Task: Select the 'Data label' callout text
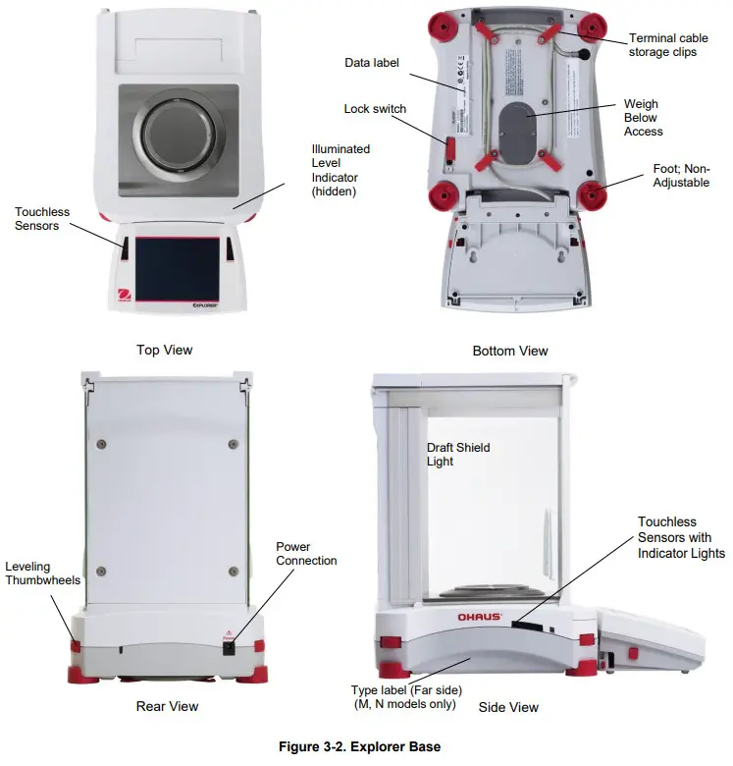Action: pyautogui.click(x=372, y=63)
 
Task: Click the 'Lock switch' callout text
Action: pyautogui.click(x=375, y=109)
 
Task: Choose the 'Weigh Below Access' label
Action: pyautogui.click(x=643, y=118)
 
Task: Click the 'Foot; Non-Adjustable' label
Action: pyautogui.click(x=681, y=176)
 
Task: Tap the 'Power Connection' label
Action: pyautogui.click(x=306, y=554)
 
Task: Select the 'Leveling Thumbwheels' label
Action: pyautogui.click(x=43, y=574)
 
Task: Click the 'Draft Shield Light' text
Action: pyautogui.click(x=457, y=455)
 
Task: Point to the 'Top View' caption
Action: pyautogui.click(x=164, y=350)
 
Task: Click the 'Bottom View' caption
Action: pyautogui.click(x=510, y=351)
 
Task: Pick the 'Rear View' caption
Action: pyautogui.click(x=167, y=706)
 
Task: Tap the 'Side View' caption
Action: pyautogui.click(x=508, y=707)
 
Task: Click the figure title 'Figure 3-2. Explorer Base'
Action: pyautogui.click(x=359, y=747)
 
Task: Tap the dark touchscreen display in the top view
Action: pyautogui.click(x=177, y=270)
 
